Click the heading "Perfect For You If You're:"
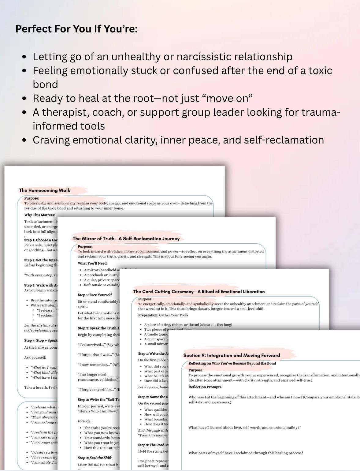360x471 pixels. point(76,29)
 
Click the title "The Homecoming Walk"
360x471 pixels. point(45,190)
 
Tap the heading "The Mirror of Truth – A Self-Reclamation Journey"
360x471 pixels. point(126,239)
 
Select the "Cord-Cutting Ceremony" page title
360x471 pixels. point(199,292)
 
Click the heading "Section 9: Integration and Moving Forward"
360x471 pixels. point(232,355)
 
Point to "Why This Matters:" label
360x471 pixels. point(40,215)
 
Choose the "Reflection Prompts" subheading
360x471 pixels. point(205,387)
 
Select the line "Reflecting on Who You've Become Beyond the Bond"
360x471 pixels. point(232,364)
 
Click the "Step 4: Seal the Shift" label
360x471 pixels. point(95,458)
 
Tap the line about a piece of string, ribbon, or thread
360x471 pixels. point(188,325)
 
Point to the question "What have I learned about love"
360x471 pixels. point(244,428)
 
